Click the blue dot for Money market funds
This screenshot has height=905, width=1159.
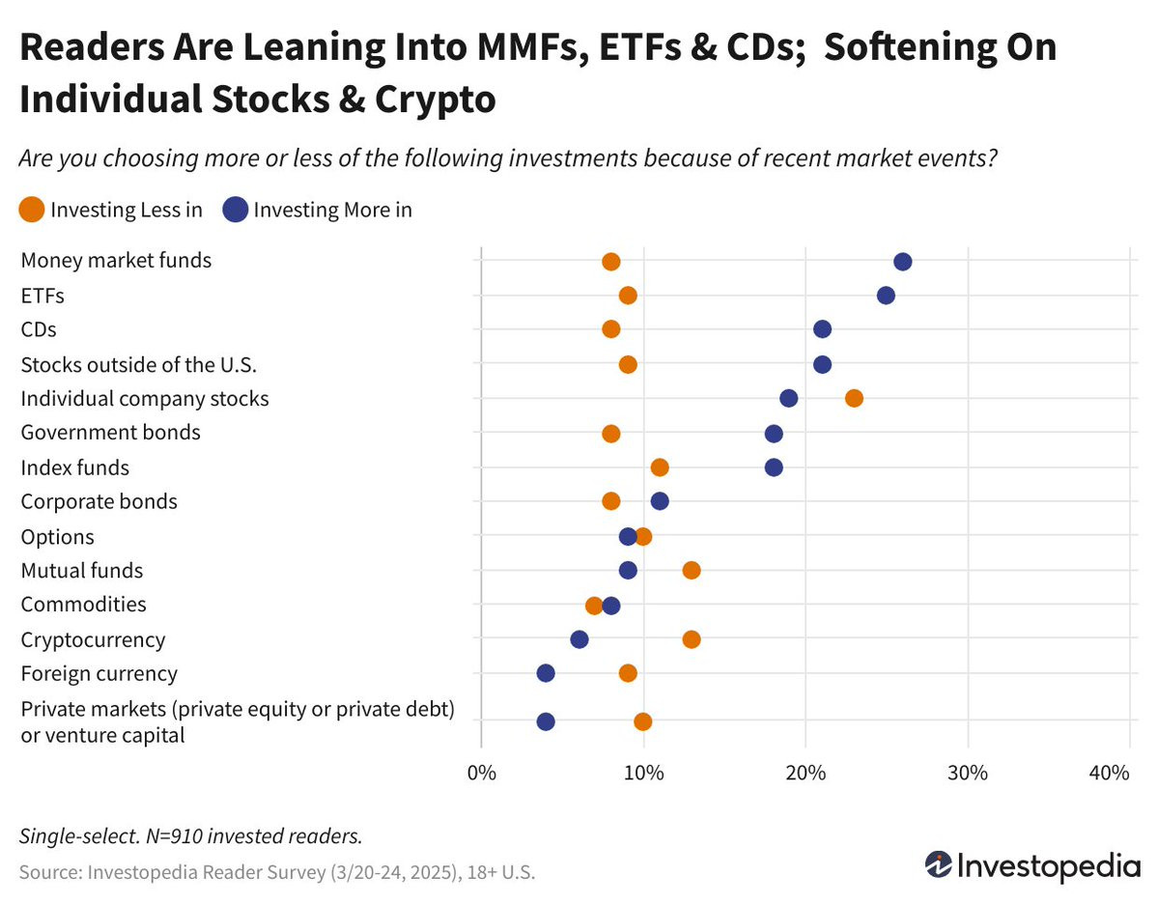[x=903, y=262]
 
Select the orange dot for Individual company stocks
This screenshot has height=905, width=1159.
[x=854, y=398]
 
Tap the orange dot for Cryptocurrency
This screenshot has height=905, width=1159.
[x=692, y=639]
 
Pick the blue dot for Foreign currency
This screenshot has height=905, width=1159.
[x=546, y=673]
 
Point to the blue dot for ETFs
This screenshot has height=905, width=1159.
[x=886, y=296]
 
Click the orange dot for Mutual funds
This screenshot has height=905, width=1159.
[x=692, y=571]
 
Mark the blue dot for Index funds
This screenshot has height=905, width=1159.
[x=774, y=467]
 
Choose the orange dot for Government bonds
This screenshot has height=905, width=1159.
[x=611, y=434]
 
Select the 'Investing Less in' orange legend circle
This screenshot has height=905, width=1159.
[x=32, y=210]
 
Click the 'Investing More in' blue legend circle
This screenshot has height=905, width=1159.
[x=235, y=210]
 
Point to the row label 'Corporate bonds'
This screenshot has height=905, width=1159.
[x=99, y=501]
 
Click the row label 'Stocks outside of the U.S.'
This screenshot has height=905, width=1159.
[x=138, y=364]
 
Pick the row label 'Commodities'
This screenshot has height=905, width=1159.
[x=83, y=605]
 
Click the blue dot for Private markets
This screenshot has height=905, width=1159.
[x=546, y=721]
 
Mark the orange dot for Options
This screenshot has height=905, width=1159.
[x=643, y=536]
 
